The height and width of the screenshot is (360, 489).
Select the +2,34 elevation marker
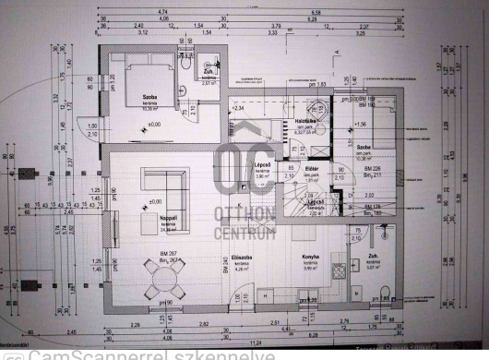[x=237, y=108]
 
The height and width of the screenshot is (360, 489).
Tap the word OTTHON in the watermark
[x=244, y=215]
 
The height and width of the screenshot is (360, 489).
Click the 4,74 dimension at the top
[x=162, y=12]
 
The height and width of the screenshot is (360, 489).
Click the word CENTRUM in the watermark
[x=244, y=234]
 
